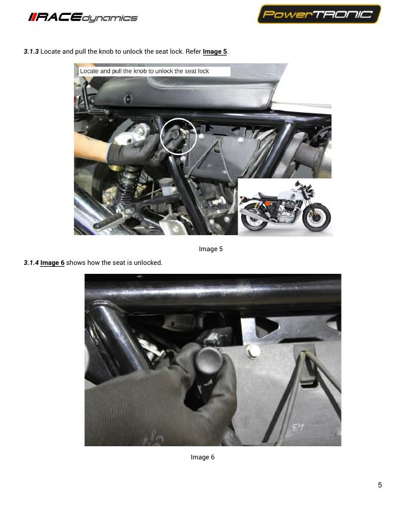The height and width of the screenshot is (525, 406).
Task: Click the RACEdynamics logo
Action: pos(83,17)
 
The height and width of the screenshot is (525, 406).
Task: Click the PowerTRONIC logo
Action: pos(319,14)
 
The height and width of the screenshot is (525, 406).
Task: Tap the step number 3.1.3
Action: pos(31,51)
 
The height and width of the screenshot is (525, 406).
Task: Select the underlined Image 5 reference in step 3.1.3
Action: pos(215,51)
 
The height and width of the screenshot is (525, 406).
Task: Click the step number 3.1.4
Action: pos(31,263)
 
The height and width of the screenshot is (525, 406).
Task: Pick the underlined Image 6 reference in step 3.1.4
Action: pos(53,263)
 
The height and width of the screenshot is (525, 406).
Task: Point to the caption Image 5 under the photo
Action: pos(211,249)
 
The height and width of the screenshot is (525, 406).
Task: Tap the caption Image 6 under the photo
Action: pos(202,458)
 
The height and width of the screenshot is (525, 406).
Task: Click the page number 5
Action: pos(380,485)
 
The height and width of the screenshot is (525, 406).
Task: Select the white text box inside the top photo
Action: pos(155,72)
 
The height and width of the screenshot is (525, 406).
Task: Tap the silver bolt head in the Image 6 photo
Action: pos(253,351)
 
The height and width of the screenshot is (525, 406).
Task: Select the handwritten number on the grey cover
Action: pos(297,428)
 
